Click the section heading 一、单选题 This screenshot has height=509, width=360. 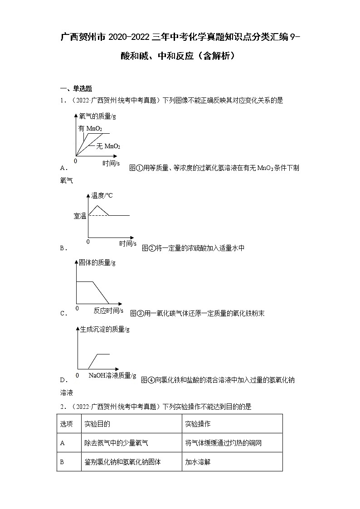click(76, 88)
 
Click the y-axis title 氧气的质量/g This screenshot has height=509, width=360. click(97, 116)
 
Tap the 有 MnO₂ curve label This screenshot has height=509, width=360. click(90, 129)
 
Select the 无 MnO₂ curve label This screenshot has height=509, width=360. click(107, 146)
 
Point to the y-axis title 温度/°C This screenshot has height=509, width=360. click(102, 195)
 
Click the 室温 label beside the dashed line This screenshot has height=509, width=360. click(80, 216)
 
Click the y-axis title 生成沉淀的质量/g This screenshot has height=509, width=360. click(105, 330)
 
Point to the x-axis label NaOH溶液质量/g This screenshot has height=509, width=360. click(112, 375)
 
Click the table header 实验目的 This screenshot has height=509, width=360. click(97, 424)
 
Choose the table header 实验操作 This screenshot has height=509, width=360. click(198, 424)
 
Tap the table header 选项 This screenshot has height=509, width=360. click(67, 424)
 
